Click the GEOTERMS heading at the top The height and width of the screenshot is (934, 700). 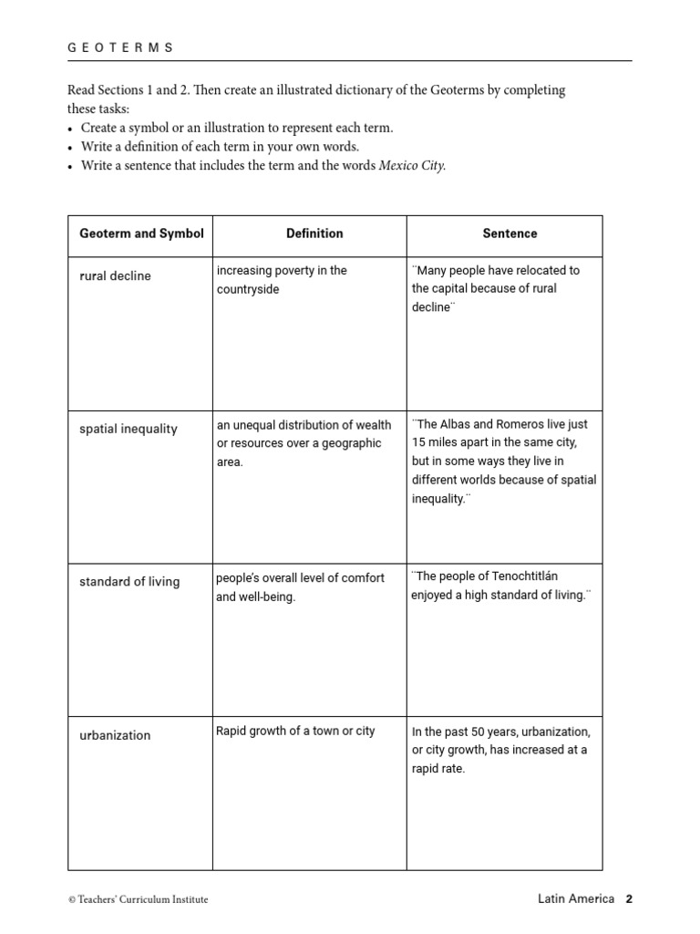[x=121, y=47]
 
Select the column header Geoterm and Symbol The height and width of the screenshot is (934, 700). [x=141, y=233]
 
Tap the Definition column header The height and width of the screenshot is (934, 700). [x=314, y=233]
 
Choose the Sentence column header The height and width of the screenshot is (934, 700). [x=510, y=233]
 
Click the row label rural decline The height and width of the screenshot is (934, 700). [x=116, y=276]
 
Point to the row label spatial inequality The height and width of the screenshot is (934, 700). [x=129, y=430]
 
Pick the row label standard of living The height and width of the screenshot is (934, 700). [x=129, y=582]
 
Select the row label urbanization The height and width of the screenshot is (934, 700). [x=115, y=736]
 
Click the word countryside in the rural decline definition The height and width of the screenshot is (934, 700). [x=248, y=290]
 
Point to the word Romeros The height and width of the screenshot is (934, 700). [x=528, y=424]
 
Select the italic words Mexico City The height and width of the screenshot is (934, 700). [x=412, y=166]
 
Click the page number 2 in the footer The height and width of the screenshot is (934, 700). [x=628, y=898]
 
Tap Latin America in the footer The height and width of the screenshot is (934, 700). [x=576, y=898]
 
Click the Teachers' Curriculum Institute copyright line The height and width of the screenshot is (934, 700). [x=139, y=899]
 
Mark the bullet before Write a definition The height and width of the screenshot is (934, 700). [x=71, y=148]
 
